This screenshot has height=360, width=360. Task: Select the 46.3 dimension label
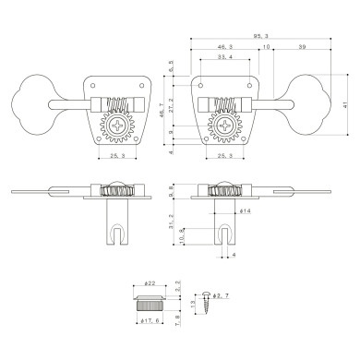click(x=223, y=45)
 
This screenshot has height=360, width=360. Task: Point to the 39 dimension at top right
click(x=303, y=45)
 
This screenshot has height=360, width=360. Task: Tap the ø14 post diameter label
click(x=246, y=212)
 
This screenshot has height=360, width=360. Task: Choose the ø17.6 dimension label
click(x=152, y=321)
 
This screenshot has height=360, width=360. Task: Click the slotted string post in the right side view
click(x=224, y=222)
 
